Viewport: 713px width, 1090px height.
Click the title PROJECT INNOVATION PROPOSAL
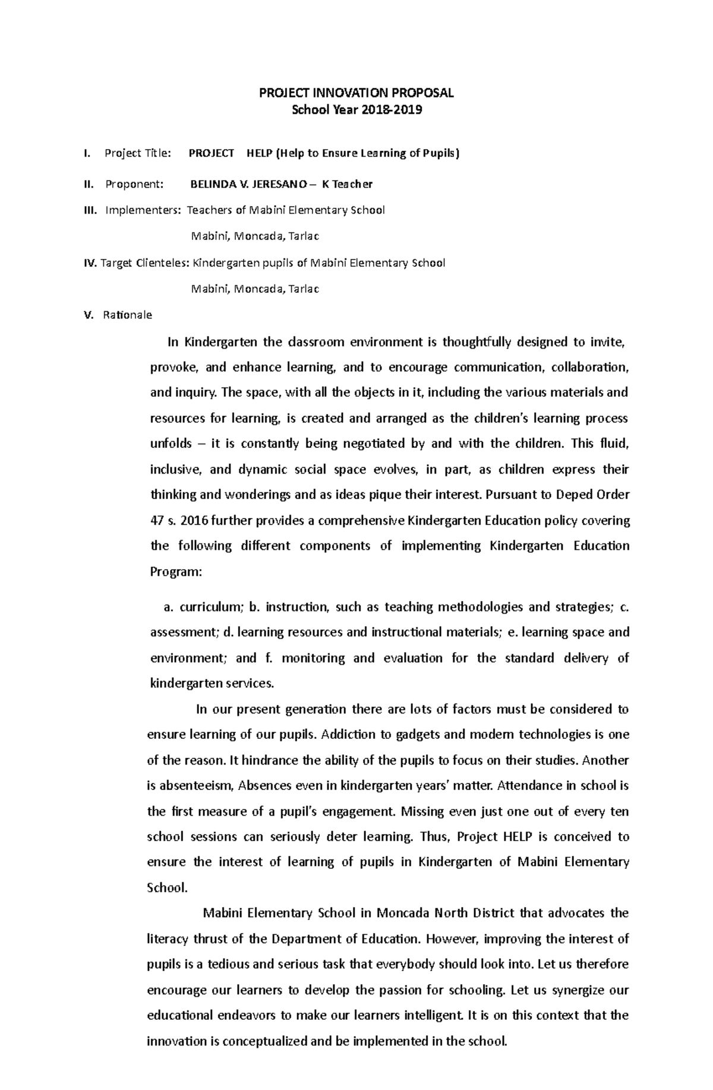[356, 93]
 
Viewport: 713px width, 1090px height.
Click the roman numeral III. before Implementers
[90, 210]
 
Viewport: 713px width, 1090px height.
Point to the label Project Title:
[138, 153]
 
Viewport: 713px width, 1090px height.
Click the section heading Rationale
[127, 315]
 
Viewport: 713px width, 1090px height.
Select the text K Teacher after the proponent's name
[347, 184]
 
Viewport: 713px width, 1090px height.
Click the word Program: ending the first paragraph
[176, 572]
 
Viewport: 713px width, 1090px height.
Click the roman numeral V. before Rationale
[89, 315]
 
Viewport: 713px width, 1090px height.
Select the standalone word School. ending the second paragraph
[167, 888]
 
